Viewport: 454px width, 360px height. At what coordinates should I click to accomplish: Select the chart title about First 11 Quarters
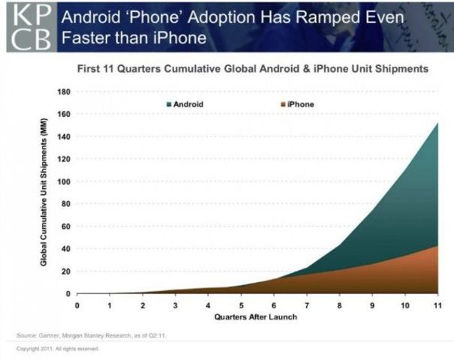coord(253,69)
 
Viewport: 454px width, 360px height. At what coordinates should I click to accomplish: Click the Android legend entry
coord(185,104)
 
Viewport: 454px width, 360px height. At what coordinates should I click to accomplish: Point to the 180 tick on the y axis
coord(65,91)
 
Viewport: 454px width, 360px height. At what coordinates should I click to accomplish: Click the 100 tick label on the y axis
coord(65,181)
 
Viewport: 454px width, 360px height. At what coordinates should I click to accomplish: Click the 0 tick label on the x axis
coord(77,305)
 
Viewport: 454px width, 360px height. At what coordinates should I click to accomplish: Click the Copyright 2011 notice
coord(58,349)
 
